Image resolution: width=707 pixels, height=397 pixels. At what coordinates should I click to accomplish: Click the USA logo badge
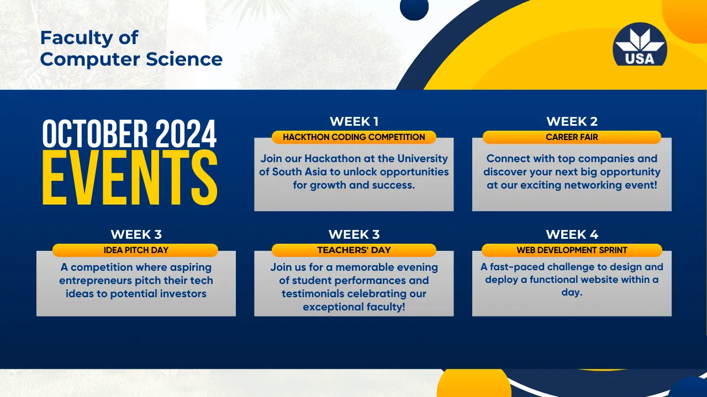click(640, 44)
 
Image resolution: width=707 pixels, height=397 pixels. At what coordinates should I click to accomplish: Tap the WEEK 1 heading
click(354, 121)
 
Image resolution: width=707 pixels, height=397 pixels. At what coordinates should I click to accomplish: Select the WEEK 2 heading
click(572, 121)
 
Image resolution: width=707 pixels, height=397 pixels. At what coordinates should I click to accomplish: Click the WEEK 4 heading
click(572, 234)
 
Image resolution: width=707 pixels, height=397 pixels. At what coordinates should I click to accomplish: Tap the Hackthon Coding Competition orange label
click(354, 137)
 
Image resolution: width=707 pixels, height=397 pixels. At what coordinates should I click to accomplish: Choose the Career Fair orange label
click(572, 137)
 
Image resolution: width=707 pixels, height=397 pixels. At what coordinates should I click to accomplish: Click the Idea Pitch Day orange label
click(135, 250)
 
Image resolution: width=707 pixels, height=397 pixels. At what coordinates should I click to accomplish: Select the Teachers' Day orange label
click(354, 250)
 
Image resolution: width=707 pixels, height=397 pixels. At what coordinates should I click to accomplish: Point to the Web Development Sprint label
click(572, 250)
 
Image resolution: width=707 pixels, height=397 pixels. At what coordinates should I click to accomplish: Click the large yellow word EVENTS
click(130, 178)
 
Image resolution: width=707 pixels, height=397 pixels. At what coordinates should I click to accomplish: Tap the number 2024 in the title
click(186, 133)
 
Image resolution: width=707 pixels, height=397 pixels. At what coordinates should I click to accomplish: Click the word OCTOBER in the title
click(95, 133)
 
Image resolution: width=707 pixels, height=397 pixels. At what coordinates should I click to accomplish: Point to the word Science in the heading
click(184, 59)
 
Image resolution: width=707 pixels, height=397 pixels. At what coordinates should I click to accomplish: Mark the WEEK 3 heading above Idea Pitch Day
click(136, 234)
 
